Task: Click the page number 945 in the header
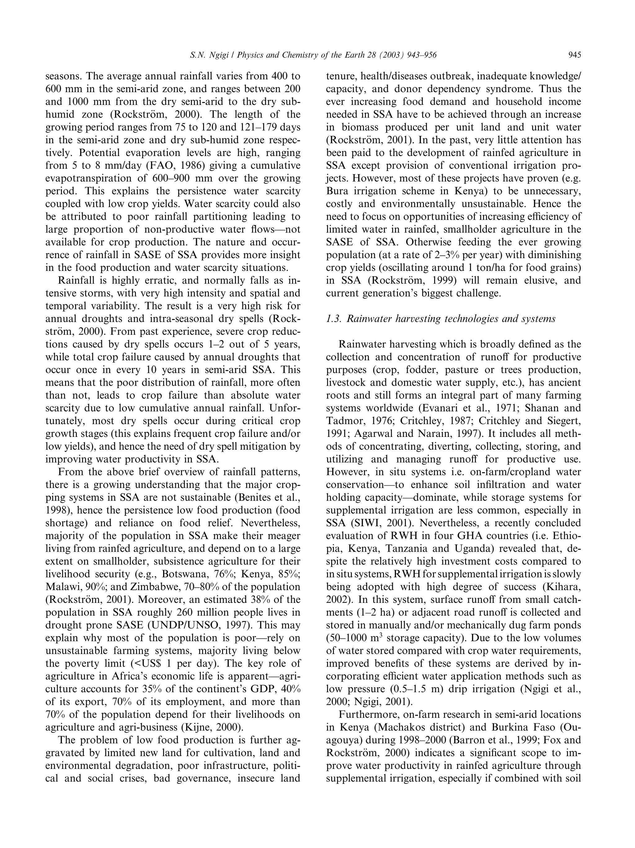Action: [575, 56]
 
